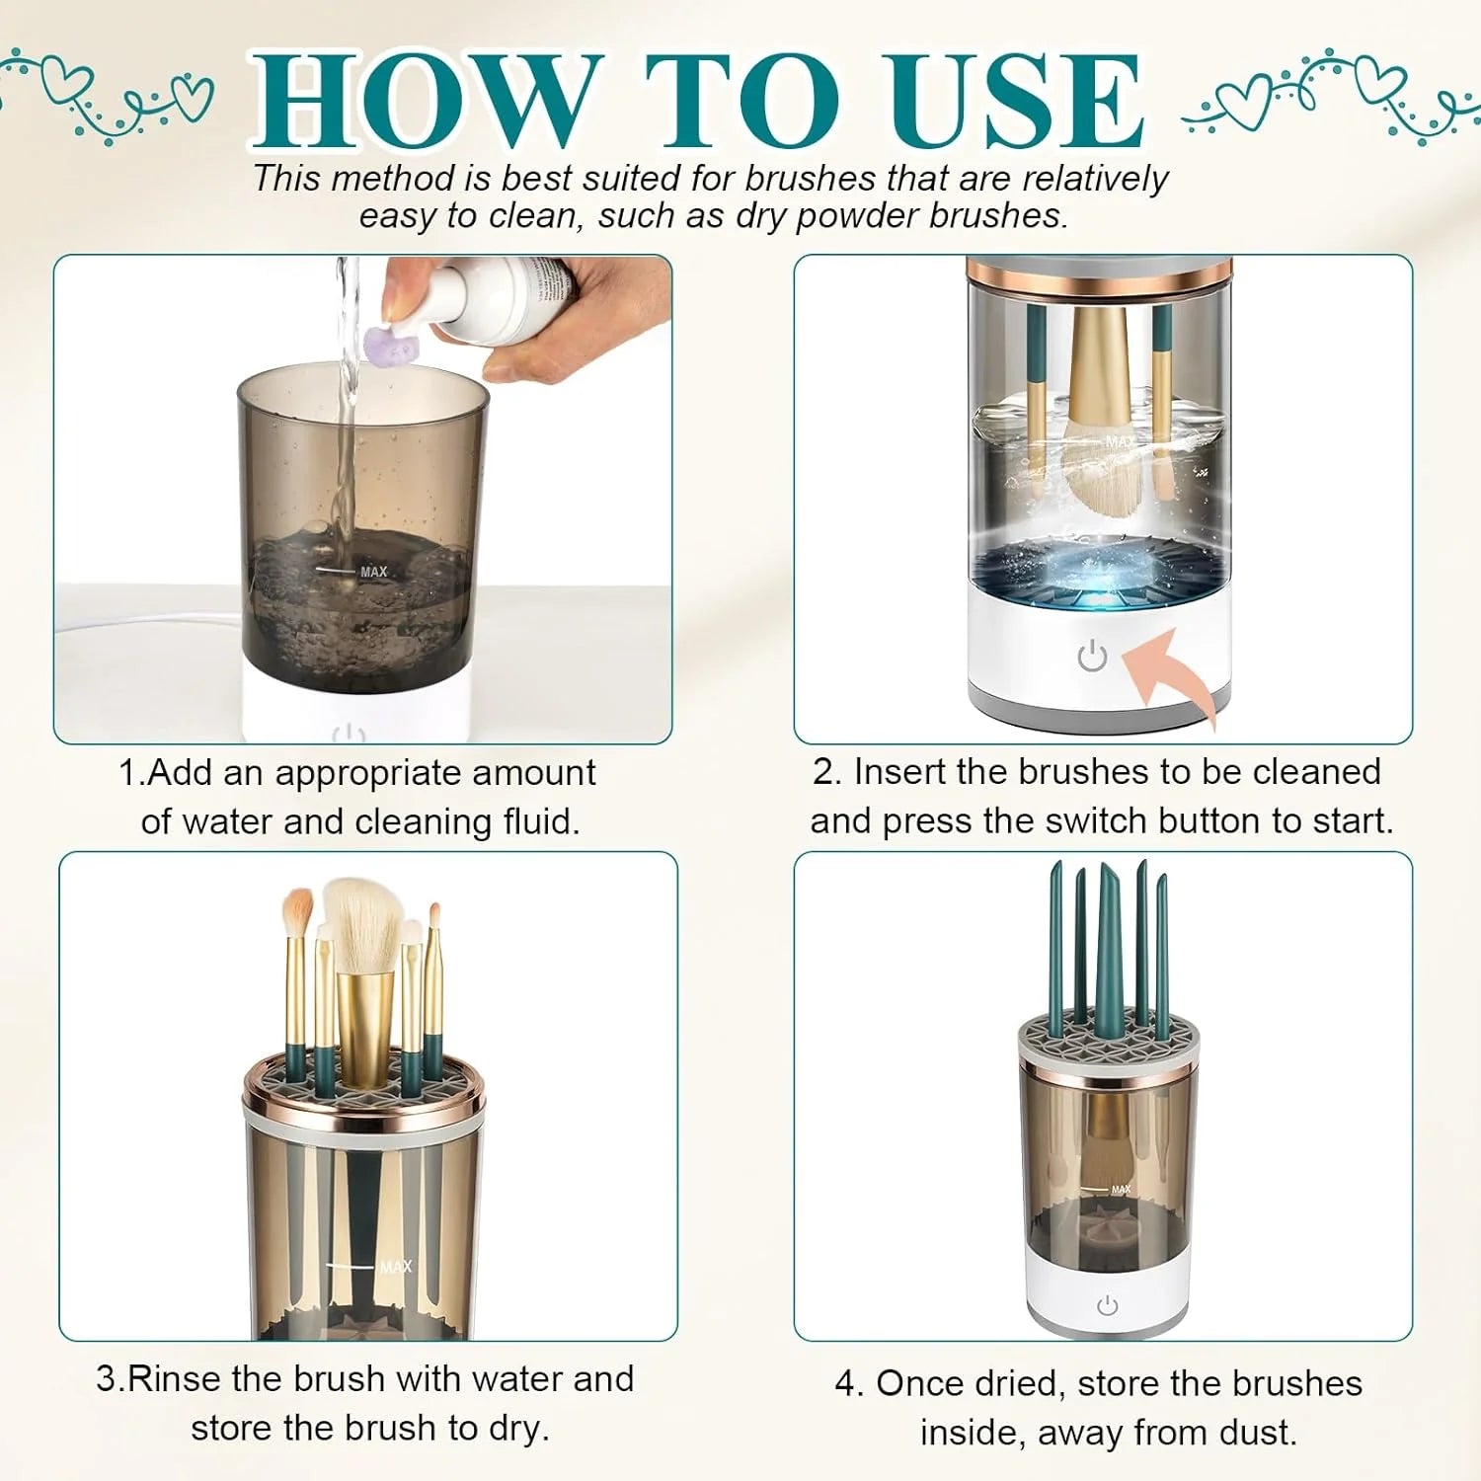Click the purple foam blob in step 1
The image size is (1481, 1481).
[x=393, y=345]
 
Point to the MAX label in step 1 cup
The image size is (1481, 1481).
[x=374, y=572]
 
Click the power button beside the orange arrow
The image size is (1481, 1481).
[x=1092, y=656]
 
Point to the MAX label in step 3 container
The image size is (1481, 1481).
[x=395, y=1267]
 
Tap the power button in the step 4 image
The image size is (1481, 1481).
[x=1108, y=1305]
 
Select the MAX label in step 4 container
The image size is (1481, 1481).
[x=1121, y=1190]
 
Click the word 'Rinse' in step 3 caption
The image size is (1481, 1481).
[x=175, y=1378]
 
